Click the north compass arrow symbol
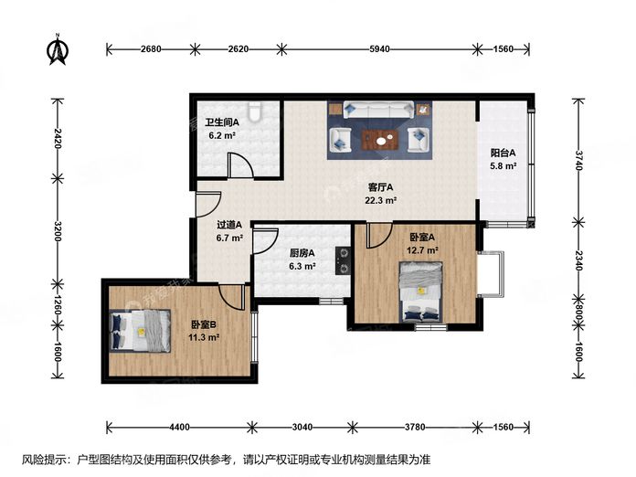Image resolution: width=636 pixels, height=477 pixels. coord(58,48)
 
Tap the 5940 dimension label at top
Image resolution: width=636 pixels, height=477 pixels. coord(379,49)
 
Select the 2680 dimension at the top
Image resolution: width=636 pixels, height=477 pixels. coord(151,49)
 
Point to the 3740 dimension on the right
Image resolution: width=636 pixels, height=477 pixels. coord(578,160)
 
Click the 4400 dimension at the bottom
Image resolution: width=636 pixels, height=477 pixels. coord(179,427)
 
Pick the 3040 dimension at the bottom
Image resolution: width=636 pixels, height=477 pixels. coord(302,427)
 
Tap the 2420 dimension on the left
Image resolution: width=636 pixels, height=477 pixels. coord(57,138)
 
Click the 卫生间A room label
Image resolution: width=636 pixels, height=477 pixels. coord(222,122)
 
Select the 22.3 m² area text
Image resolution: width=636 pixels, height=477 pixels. coord(380,200)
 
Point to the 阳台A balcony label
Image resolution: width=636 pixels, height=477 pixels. coord(503,153)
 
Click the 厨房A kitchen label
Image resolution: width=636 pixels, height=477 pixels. coord(302,253)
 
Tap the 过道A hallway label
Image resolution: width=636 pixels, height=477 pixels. coord(229,224)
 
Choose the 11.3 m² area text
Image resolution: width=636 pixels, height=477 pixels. coord(204,337)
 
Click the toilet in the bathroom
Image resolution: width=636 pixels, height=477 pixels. coord(255,111)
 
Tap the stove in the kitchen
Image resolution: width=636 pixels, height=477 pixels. coord(344,261)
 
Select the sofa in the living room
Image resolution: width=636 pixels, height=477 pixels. coord(379,110)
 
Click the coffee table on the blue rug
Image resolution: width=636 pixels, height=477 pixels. coord(380,141)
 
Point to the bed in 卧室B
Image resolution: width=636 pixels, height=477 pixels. coord(140,331)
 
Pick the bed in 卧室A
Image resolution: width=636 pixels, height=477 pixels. coord(420,291)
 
